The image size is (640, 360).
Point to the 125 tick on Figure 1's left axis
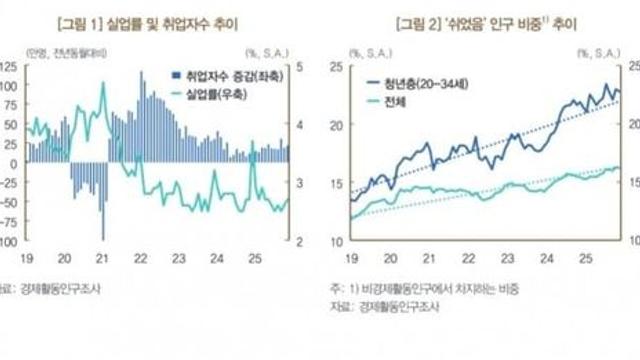click(x=10, y=66)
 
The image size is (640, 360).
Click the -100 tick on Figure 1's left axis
click(x=8, y=241)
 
